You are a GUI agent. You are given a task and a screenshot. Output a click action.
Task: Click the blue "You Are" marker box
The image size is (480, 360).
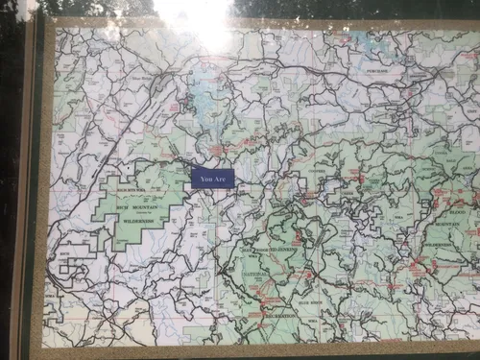pos(212,178)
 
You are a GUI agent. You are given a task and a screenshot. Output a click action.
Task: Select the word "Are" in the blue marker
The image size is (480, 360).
pos(221,178)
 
